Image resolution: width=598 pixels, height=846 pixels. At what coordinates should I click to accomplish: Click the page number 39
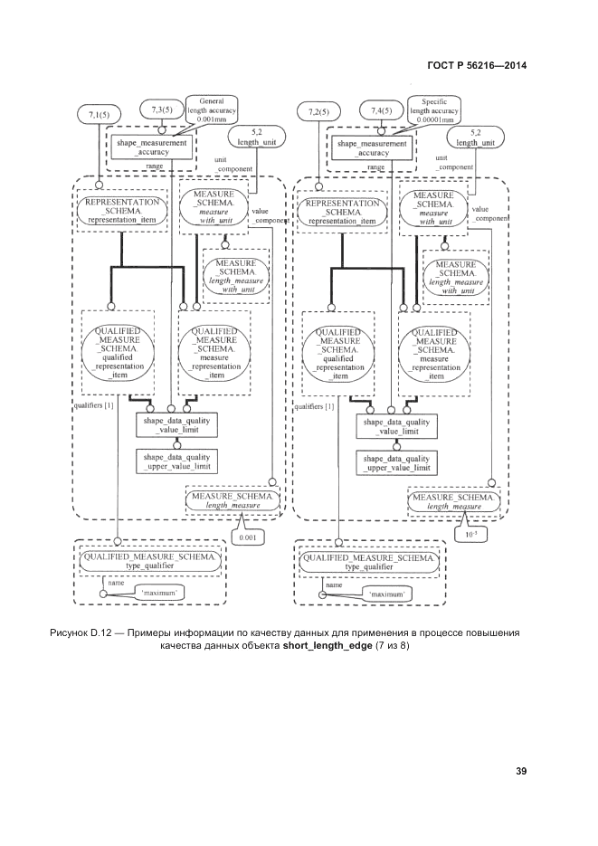point(521,771)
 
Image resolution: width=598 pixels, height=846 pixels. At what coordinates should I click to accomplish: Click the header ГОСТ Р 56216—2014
point(476,65)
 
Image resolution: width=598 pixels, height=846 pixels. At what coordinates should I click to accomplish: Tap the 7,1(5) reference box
point(99,114)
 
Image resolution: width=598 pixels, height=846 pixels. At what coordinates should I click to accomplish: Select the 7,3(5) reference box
point(162,110)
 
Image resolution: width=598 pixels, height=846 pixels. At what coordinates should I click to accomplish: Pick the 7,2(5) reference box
point(320,112)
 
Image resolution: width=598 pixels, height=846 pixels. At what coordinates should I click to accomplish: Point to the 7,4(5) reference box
point(382,110)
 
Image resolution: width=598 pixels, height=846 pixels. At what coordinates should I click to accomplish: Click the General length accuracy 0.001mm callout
point(211,109)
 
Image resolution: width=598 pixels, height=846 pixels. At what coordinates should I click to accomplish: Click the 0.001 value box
point(247,537)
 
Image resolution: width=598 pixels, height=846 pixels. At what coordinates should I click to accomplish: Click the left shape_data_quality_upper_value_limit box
point(176,462)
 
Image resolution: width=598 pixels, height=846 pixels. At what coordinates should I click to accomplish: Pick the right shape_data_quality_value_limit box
point(396,426)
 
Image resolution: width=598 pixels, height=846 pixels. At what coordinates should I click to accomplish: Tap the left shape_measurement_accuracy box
point(151,147)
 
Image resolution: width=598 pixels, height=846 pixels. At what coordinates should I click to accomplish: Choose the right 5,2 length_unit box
point(475,138)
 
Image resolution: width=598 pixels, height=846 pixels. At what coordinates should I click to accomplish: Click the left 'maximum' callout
point(160,593)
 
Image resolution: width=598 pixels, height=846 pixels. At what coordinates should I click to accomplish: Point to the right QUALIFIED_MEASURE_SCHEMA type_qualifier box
point(370,562)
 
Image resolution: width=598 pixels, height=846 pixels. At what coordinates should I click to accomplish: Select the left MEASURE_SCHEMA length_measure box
point(233,499)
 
